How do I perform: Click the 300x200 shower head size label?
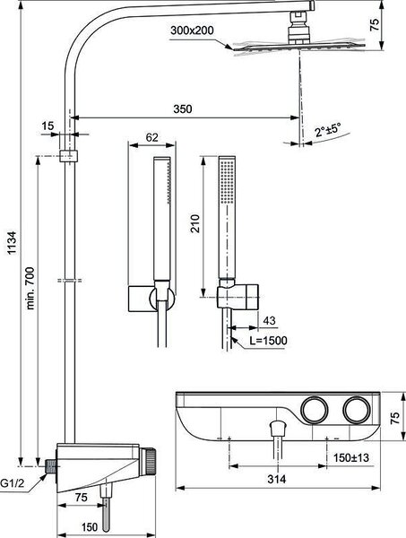pyautogui.click(x=192, y=30)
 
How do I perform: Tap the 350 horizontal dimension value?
pyautogui.click(x=183, y=109)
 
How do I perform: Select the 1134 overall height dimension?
pyautogui.click(x=12, y=243)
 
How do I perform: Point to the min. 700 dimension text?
pyautogui.click(x=30, y=288)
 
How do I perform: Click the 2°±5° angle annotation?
pyautogui.click(x=328, y=130)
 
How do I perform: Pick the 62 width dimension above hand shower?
pyautogui.click(x=151, y=137)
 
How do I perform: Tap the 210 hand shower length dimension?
pyautogui.click(x=195, y=223)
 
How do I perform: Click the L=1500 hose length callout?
pyautogui.click(x=268, y=341)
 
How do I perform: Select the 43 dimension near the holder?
pyautogui.click(x=269, y=320)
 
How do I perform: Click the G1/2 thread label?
pyautogui.click(x=13, y=484)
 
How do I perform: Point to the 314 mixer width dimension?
pyautogui.click(x=276, y=479)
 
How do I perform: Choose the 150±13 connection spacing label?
pyautogui.click(x=351, y=457)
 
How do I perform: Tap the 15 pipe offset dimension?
pyautogui.click(x=48, y=126)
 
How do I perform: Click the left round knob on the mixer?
pyautogui.click(x=315, y=410)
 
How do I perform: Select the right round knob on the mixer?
pyautogui.click(x=357, y=410)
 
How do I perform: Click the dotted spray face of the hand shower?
pyautogui.click(x=227, y=181)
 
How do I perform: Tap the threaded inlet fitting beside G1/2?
pyautogui.click(x=51, y=466)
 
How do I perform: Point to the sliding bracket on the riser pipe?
pyautogui.click(x=69, y=156)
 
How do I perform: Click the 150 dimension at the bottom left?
pyautogui.click(x=90, y=527)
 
